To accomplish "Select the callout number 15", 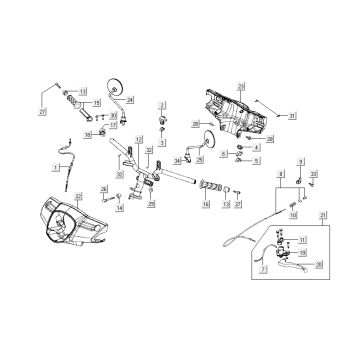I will (96, 102).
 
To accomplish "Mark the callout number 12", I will (138, 140).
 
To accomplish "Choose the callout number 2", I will (162, 105).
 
